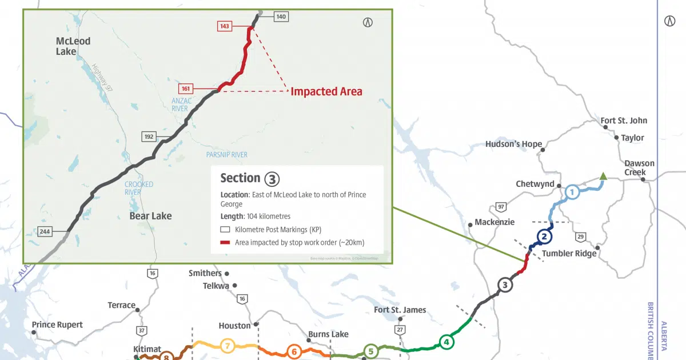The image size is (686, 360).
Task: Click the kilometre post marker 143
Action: (x=224, y=26)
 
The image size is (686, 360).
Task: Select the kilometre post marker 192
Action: (x=149, y=137)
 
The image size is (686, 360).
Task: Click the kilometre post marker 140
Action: (x=281, y=17)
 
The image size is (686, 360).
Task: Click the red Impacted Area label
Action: (x=326, y=91)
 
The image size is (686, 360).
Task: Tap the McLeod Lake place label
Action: (x=73, y=46)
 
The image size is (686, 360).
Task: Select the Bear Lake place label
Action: (x=150, y=215)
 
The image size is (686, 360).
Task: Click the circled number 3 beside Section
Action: (x=272, y=178)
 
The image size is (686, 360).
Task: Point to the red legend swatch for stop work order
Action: (x=225, y=242)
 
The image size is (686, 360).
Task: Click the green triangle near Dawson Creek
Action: (x=603, y=177)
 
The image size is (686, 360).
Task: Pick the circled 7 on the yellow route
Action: (x=227, y=346)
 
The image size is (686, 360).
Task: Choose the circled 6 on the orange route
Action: (x=294, y=351)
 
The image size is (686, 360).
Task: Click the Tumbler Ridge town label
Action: (x=569, y=253)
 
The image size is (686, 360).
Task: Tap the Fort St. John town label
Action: (x=624, y=121)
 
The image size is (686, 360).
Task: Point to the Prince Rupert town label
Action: (x=57, y=325)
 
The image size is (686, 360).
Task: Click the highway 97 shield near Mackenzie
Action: (x=501, y=206)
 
